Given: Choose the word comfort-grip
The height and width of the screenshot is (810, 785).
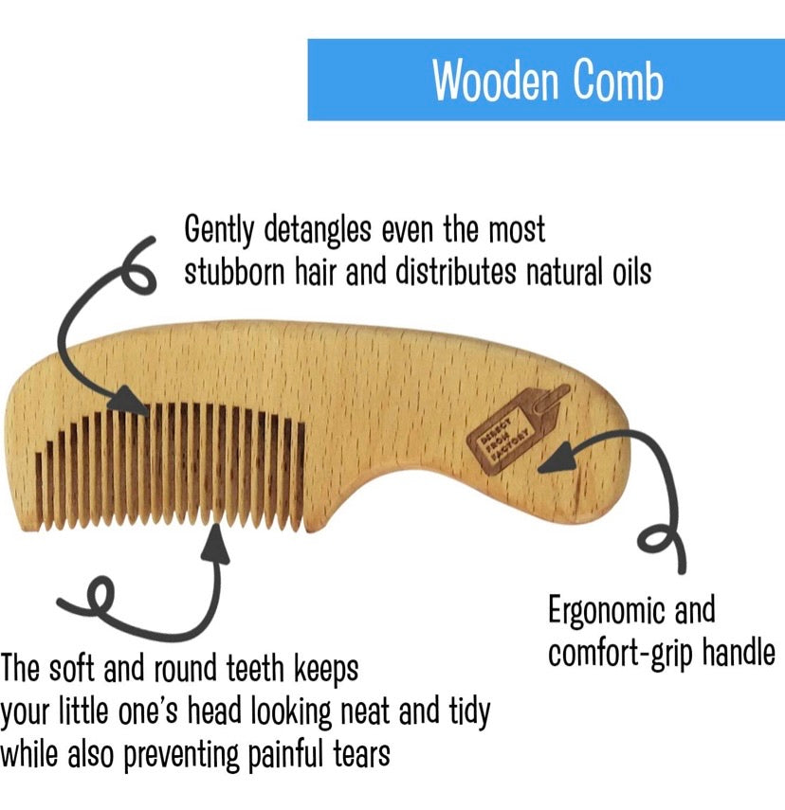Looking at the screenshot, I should point(619,654).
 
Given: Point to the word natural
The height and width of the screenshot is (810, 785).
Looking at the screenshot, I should point(551,272).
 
